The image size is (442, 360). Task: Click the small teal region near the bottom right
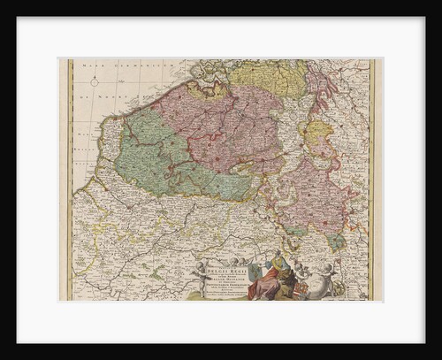click(x=335, y=241)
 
